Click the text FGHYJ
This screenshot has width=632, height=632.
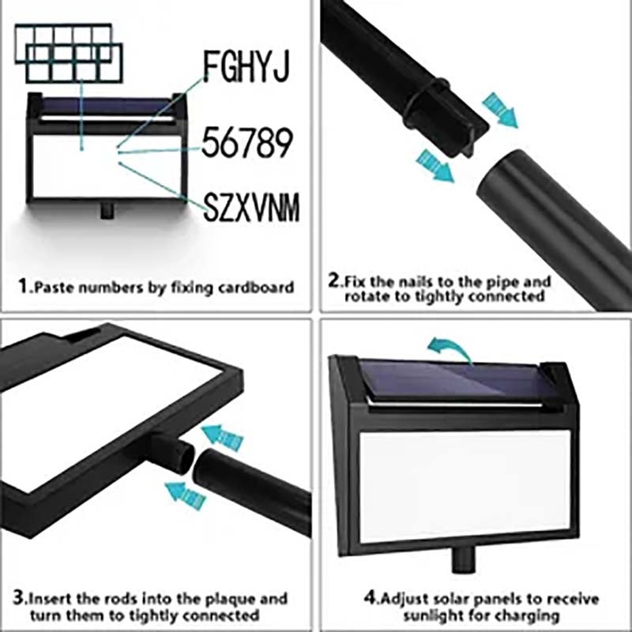[x=246, y=66]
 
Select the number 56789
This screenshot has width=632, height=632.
[x=246, y=143]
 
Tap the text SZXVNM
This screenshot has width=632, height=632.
[x=250, y=207]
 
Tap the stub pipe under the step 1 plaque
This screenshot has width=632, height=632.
[x=107, y=210]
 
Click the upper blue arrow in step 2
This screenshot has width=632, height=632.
[x=499, y=110]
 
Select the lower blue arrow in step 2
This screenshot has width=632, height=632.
[x=434, y=166]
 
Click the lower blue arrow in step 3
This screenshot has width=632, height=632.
[x=186, y=495]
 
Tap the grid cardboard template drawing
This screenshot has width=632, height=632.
[x=69, y=53]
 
